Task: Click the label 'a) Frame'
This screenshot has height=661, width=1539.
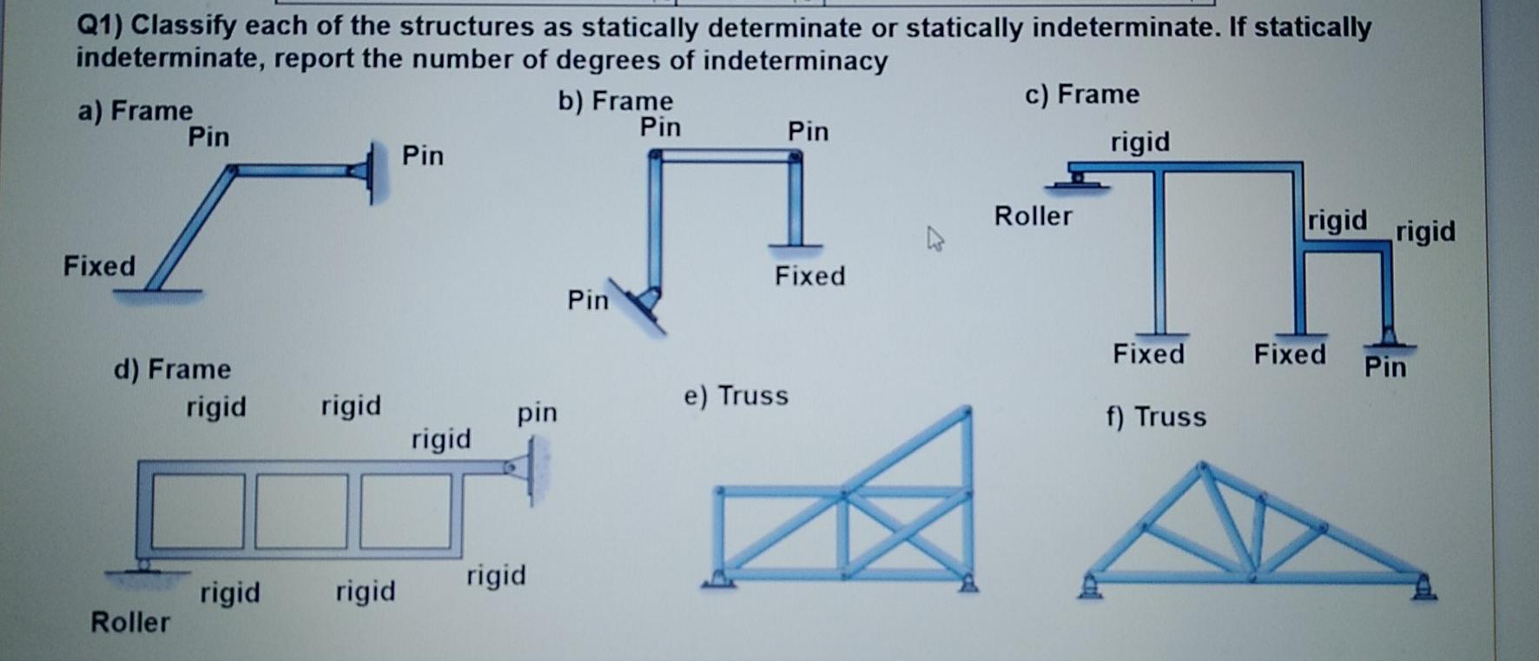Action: (135, 111)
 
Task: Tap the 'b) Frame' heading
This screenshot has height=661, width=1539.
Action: (615, 102)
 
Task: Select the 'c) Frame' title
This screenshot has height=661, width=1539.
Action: (1081, 94)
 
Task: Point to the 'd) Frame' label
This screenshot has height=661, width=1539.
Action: (172, 369)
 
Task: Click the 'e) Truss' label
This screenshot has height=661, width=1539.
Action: (736, 396)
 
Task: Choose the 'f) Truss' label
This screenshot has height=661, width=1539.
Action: (1155, 417)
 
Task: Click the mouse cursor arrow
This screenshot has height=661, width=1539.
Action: (935, 237)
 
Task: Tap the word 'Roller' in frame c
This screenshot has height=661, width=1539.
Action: (1033, 215)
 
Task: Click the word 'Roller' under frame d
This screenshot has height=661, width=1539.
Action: (130, 622)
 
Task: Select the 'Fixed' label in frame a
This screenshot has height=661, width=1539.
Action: (99, 266)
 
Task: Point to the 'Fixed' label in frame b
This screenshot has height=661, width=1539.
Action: (809, 276)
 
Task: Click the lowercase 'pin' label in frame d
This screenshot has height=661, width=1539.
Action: (537, 412)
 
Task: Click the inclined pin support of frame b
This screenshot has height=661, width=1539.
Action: (643, 304)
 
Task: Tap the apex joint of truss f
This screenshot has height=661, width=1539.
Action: (1202, 467)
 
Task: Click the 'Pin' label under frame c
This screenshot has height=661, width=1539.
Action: (1384, 367)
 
